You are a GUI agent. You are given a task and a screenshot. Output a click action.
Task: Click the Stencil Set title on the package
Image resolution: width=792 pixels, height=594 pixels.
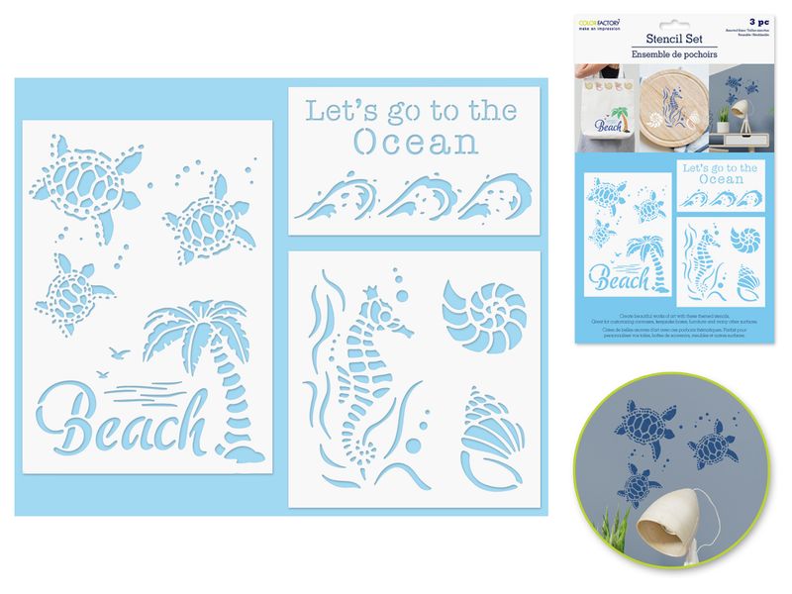[x=673, y=36]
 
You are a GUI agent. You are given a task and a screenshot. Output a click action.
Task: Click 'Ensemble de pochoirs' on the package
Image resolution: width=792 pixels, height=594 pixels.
[x=673, y=52]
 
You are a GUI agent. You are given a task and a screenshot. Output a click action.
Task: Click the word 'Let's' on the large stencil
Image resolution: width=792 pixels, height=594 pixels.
[x=335, y=110]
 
